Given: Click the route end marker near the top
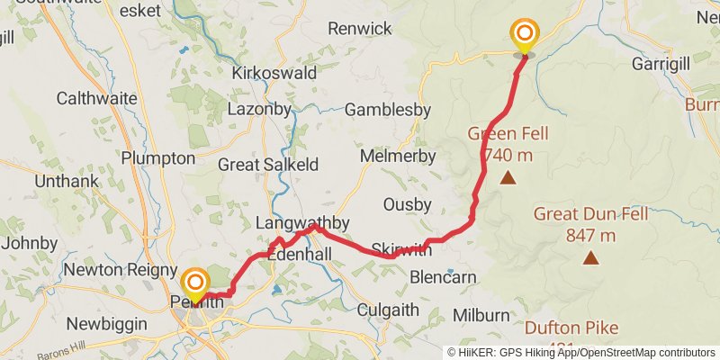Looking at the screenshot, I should tap(524, 36).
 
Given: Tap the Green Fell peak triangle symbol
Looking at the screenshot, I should tap(508, 178).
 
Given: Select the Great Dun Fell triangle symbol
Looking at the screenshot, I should tap(590, 258).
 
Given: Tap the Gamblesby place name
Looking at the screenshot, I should tap(388, 110).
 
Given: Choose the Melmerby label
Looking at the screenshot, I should tap(397, 156).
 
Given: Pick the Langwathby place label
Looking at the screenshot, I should tap(301, 223).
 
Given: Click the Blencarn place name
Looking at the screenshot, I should tap(443, 277).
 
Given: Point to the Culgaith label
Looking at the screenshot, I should tap(388, 310).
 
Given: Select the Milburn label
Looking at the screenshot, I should tap(481, 316).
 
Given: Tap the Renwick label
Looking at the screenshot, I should tap(360, 29).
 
